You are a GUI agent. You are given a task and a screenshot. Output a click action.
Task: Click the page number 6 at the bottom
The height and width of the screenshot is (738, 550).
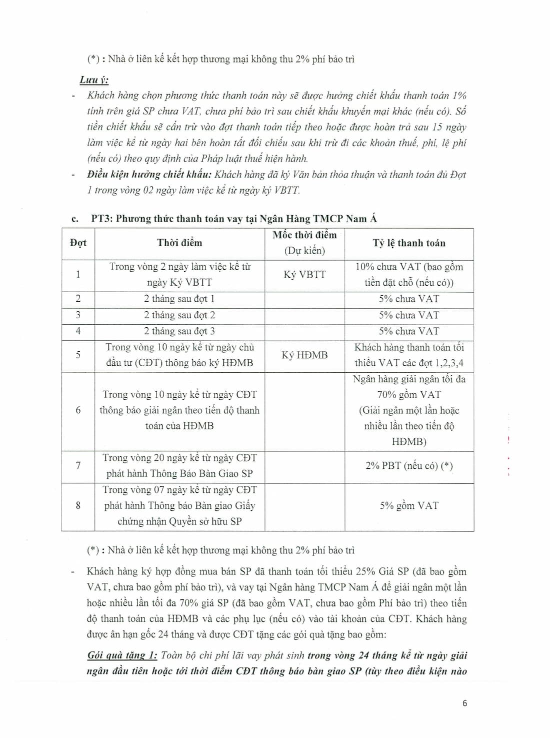464,703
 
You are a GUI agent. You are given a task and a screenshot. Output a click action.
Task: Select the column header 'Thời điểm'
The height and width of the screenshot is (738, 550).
179,243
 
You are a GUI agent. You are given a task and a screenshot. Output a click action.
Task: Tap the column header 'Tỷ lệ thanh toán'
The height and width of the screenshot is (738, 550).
409,243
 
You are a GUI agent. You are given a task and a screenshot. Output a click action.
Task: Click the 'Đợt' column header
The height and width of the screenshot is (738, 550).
78,243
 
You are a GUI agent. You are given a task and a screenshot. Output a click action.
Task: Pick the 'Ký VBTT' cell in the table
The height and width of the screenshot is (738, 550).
304,275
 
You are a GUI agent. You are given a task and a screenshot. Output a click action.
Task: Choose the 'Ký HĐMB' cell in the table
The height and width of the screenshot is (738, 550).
304,355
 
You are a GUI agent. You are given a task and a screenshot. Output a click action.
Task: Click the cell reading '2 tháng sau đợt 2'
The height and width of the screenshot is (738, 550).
179,315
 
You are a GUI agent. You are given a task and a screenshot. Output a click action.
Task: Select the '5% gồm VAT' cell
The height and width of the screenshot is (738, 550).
409,506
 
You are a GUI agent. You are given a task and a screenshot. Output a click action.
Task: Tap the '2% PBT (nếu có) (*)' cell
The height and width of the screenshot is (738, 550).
409,466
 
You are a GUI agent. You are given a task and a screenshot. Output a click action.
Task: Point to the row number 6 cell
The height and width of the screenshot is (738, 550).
78,410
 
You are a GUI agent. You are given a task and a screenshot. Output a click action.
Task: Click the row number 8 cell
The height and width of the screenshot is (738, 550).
78,506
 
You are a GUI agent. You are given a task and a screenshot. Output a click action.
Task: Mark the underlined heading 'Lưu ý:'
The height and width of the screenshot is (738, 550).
94,80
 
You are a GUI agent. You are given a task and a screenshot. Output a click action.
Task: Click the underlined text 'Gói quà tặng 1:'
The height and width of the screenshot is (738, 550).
122,655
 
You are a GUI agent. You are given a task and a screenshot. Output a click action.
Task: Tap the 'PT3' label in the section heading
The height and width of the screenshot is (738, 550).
101,219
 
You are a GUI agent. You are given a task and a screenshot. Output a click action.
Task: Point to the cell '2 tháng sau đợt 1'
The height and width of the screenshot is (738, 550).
179,299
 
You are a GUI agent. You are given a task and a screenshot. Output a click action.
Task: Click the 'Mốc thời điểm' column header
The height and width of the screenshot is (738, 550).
304,236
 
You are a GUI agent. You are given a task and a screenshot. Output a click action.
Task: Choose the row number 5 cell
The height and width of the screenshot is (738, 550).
78,355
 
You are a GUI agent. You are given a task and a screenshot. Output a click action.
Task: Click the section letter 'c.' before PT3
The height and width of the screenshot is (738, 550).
75,219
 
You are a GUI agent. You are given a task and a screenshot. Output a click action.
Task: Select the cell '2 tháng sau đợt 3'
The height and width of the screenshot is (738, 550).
179,331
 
